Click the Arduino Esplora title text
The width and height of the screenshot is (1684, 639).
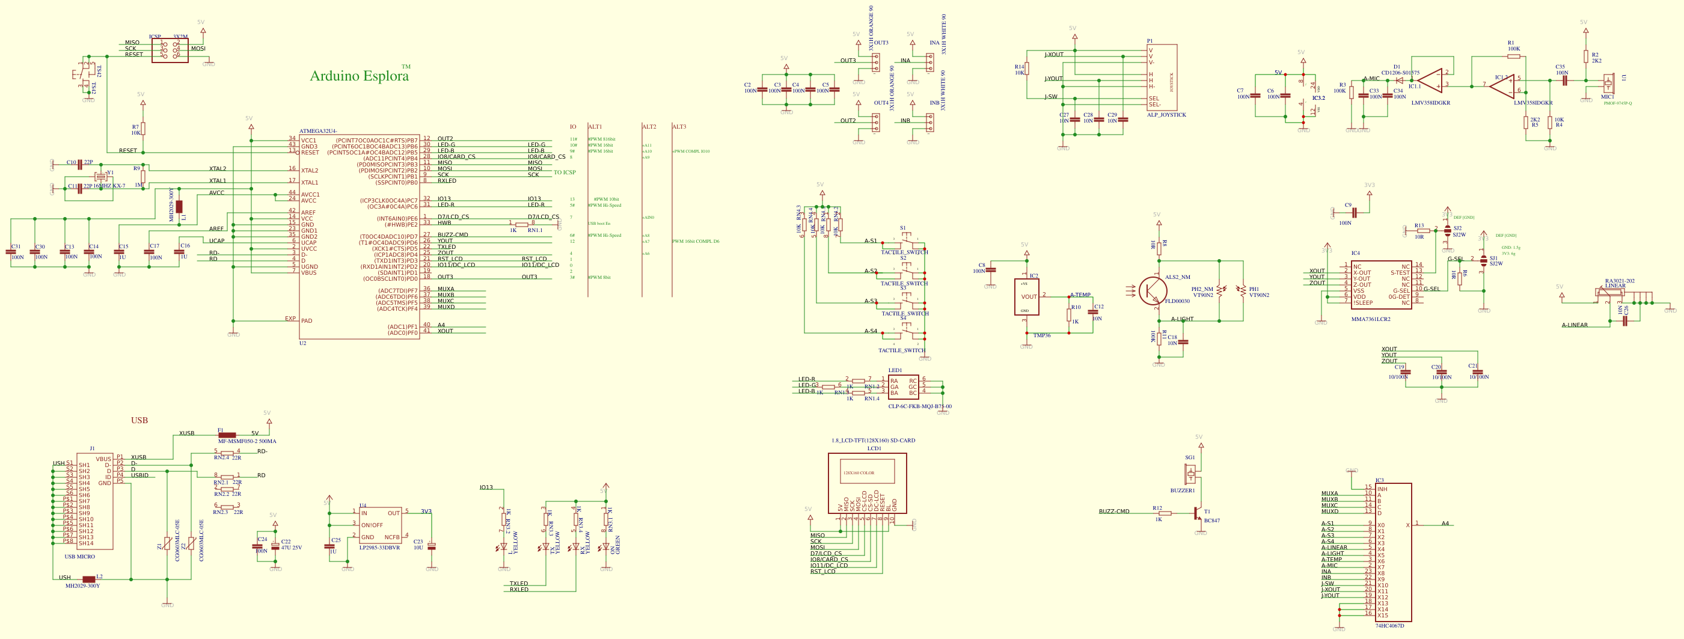[359, 76]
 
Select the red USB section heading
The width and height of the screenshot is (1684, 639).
[139, 420]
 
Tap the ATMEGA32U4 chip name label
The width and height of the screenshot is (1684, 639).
[319, 131]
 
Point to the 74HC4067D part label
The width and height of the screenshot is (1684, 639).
[1389, 626]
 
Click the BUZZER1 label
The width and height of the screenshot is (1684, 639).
[1182, 491]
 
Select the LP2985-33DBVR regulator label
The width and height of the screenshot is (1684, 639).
[379, 548]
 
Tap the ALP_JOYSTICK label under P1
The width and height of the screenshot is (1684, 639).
[1166, 115]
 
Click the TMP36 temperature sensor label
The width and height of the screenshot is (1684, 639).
[1041, 336]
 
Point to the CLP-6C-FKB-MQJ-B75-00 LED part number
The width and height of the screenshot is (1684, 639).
[919, 406]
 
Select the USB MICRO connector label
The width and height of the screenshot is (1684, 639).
[80, 557]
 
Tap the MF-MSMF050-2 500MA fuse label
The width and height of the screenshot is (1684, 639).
[246, 442]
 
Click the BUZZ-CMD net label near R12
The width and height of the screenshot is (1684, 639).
[1114, 512]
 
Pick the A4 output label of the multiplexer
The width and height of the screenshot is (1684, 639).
[1445, 524]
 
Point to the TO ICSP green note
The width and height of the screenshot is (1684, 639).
[564, 173]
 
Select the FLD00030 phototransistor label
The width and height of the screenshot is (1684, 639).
[1177, 301]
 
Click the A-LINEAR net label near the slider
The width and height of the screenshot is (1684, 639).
[1574, 325]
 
